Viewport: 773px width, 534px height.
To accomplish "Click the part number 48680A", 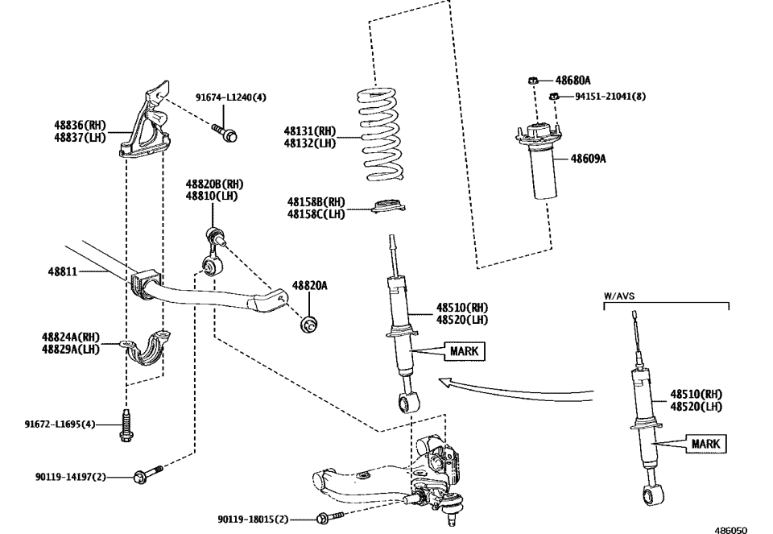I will pyautogui.click(x=574, y=81).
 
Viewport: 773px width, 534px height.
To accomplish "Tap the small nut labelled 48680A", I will pyautogui.click(x=533, y=81).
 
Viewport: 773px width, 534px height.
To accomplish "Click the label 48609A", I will pyautogui.click(x=589, y=159).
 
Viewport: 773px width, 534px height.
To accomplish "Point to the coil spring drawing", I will pyautogui.click(x=380, y=133).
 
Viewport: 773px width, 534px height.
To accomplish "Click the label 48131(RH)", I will pyautogui.click(x=309, y=130).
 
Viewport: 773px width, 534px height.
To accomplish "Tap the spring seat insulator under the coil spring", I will pyautogui.click(x=386, y=208).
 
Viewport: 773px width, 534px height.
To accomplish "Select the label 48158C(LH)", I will pyautogui.click(x=316, y=214).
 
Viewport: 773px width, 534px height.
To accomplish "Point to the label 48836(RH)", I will pyautogui.click(x=80, y=125).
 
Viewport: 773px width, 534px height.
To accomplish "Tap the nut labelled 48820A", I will pyautogui.click(x=308, y=325).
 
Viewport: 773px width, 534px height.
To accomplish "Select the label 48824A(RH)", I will pyautogui.click(x=71, y=337).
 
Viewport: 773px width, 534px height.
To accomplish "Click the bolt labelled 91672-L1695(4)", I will pyautogui.click(x=126, y=426).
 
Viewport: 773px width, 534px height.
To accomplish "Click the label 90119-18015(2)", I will pyautogui.click(x=253, y=520).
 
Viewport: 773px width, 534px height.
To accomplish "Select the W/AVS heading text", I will pyautogui.click(x=619, y=296).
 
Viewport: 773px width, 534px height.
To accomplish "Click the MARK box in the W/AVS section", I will pyautogui.click(x=705, y=444).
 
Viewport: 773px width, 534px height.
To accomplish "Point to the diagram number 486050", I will pyautogui.click(x=731, y=528).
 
